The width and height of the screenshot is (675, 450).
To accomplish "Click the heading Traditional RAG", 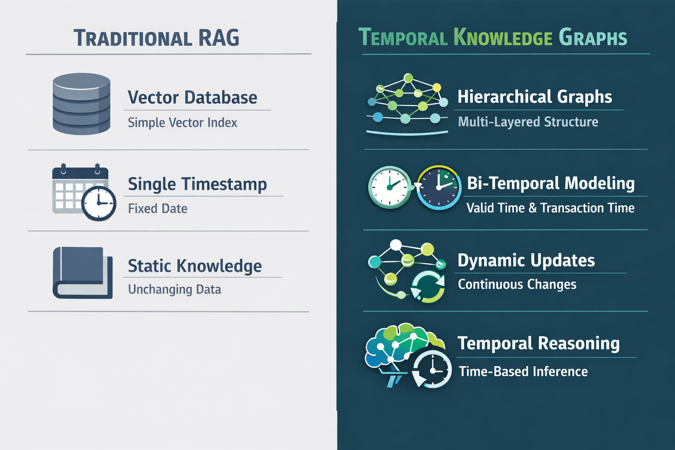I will pyautogui.click(x=156, y=38).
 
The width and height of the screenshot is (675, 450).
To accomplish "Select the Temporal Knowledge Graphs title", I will pyautogui.click(x=493, y=38).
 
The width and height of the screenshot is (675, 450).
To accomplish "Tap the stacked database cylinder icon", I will pyautogui.click(x=81, y=104).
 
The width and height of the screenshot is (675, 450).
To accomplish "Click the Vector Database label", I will pyautogui.click(x=192, y=98).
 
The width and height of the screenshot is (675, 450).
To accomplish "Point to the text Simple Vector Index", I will pyautogui.click(x=182, y=123).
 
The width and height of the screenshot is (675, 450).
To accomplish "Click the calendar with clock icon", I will pyautogui.click(x=83, y=192).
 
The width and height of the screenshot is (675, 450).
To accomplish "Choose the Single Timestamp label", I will pyautogui.click(x=197, y=184).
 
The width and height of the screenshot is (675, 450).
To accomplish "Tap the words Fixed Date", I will pyautogui.click(x=157, y=208).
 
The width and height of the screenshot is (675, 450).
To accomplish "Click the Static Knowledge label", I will pyautogui.click(x=195, y=266).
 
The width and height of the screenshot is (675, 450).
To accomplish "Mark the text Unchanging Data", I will pyautogui.click(x=174, y=290).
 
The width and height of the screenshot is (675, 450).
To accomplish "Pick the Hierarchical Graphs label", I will pyautogui.click(x=534, y=97).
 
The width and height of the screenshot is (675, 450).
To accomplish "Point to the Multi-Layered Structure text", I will pyautogui.click(x=528, y=122).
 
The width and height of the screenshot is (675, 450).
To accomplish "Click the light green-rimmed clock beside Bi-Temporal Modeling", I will pyautogui.click(x=389, y=187).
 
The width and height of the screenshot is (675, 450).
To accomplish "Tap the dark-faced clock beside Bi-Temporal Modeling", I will pyautogui.click(x=439, y=188).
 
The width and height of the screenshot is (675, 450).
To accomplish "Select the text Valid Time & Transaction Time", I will pyautogui.click(x=550, y=208).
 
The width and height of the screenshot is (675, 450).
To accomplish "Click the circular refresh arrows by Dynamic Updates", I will pyautogui.click(x=428, y=287).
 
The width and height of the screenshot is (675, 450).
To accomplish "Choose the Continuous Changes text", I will pyautogui.click(x=517, y=284).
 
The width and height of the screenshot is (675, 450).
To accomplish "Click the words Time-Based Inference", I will pyautogui.click(x=523, y=371).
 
